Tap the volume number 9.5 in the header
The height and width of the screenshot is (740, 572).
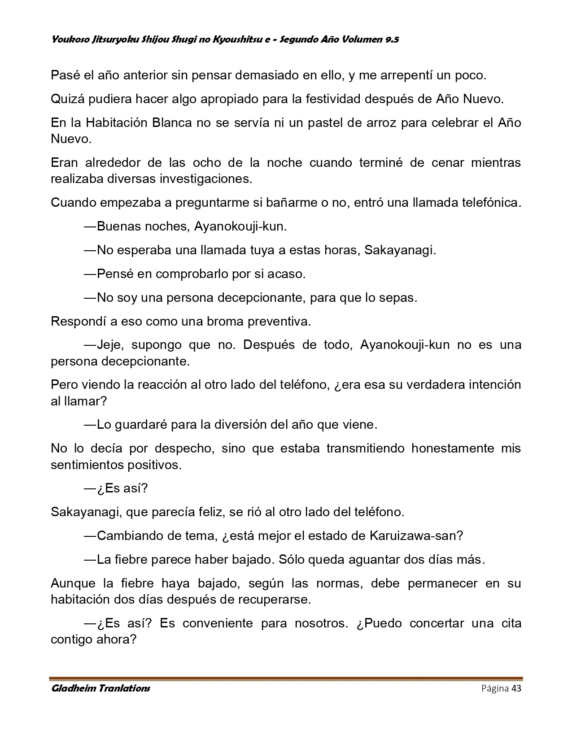pos(392,39)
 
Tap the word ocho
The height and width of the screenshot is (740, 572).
pos(208,162)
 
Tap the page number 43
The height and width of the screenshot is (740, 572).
pos(516,688)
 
